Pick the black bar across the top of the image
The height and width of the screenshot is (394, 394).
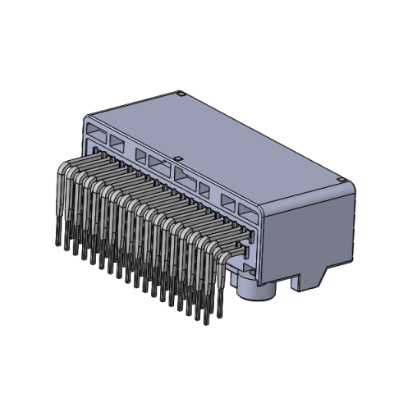click(x=197, y=25)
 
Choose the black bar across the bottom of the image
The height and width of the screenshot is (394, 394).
click(x=197, y=369)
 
